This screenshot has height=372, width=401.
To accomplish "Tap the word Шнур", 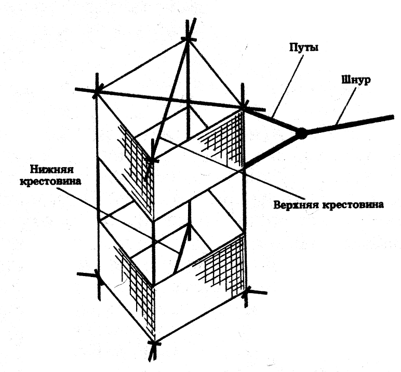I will click(x=355, y=81).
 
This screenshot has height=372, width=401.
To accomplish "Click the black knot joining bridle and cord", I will click(x=301, y=133).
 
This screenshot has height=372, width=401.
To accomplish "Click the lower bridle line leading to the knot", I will click(x=273, y=150).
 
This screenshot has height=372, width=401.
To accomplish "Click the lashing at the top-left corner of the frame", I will click(x=97, y=92).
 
